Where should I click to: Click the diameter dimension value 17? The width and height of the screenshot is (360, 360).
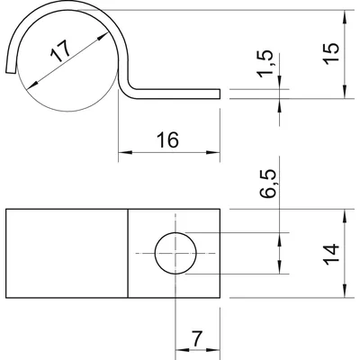point(60,50)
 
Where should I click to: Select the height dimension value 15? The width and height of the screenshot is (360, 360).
point(331,53)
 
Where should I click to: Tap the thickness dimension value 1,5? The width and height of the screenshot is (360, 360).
point(265,64)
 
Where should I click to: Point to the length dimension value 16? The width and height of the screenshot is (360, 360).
point(167,139)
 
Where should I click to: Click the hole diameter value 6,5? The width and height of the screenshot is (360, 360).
point(267,184)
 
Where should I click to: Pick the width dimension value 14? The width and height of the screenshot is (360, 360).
point(331,255)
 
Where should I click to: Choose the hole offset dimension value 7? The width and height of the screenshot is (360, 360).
point(197,338)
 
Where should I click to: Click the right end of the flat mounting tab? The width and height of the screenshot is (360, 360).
point(220,94)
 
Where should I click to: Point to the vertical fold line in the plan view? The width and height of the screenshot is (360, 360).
point(128,254)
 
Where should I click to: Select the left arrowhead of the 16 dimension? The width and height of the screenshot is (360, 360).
point(125,152)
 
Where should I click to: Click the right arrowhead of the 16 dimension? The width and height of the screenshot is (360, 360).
point(213,152)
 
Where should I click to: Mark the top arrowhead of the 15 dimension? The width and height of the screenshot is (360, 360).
point(345,17)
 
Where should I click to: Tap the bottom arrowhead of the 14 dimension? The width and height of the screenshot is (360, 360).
point(345,291)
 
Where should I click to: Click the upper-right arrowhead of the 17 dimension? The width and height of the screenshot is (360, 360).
point(103,36)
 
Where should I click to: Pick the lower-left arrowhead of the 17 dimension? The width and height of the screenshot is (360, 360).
point(32,85)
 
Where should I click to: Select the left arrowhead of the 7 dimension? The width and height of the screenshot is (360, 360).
point(182,350)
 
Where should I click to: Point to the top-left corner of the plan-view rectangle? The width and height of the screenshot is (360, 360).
point(6,209)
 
